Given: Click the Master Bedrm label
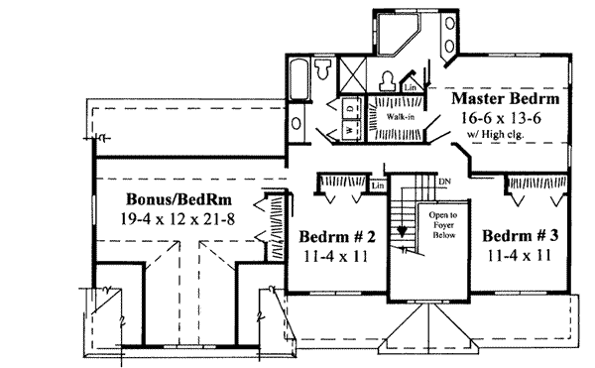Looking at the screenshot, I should [x=505, y=100].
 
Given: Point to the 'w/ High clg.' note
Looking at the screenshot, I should [x=505, y=135].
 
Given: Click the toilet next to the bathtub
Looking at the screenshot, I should [x=324, y=68].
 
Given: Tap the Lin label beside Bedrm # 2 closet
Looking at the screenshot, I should [x=376, y=185].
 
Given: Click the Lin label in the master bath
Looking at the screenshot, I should [x=411, y=88].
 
